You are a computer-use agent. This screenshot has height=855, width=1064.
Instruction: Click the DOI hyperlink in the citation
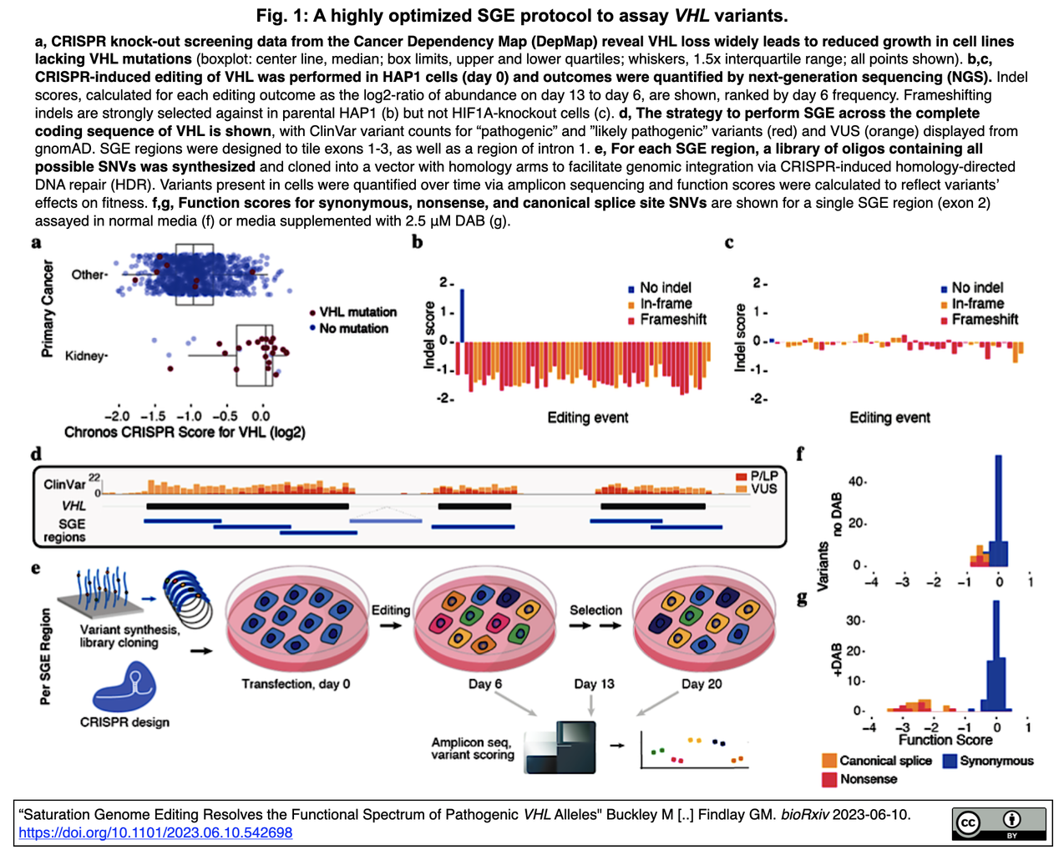[x=155, y=832]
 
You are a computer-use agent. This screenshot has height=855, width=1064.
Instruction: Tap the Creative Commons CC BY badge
[x=999, y=823]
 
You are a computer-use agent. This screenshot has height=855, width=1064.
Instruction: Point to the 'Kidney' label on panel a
[x=85, y=356]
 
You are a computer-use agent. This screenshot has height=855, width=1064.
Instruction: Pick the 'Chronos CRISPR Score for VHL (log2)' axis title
[x=185, y=433]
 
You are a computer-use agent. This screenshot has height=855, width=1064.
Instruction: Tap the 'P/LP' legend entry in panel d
[x=763, y=476]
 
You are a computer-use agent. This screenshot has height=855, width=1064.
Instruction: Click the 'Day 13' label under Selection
[x=594, y=684]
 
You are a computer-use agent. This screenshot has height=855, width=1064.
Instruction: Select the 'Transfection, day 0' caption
[x=296, y=684]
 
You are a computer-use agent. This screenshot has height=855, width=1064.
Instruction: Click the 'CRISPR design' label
[x=124, y=722]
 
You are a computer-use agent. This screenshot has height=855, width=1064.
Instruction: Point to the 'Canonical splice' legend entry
[x=885, y=761]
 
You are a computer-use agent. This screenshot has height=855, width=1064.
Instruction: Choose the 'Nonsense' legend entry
[x=869, y=779]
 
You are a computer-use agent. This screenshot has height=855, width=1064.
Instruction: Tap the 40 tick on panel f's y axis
[x=854, y=482]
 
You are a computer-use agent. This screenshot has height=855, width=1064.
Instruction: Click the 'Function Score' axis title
[x=945, y=740]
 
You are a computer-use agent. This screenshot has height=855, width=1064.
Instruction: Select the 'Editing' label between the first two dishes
[x=391, y=610]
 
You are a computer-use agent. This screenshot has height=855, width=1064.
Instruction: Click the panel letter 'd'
[x=36, y=455]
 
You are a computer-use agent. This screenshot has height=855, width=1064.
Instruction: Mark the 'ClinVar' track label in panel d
[x=64, y=484]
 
